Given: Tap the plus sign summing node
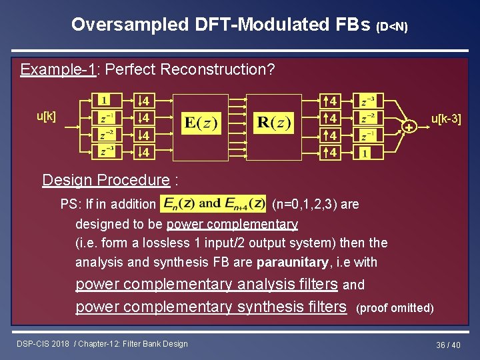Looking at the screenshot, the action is (409, 127).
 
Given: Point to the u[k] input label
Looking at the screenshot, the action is (46, 116).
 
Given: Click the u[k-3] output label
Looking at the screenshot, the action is (446, 120).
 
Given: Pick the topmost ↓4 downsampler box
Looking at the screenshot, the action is (143, 101).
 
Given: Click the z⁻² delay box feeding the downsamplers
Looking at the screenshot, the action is (106, 135).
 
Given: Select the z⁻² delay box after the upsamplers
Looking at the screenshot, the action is (367, 118).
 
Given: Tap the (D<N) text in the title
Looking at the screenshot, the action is (392, 27).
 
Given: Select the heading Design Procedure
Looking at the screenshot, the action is (106, 179).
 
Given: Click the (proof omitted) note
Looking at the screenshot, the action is (395, 308).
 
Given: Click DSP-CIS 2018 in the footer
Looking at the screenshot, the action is (44, 344).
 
